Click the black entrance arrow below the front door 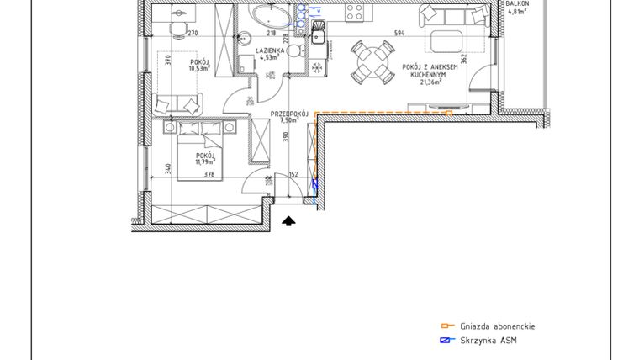[288, 222]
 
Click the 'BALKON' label [517, 3]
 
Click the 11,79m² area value [206, 162]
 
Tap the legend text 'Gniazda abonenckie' [498, 326]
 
